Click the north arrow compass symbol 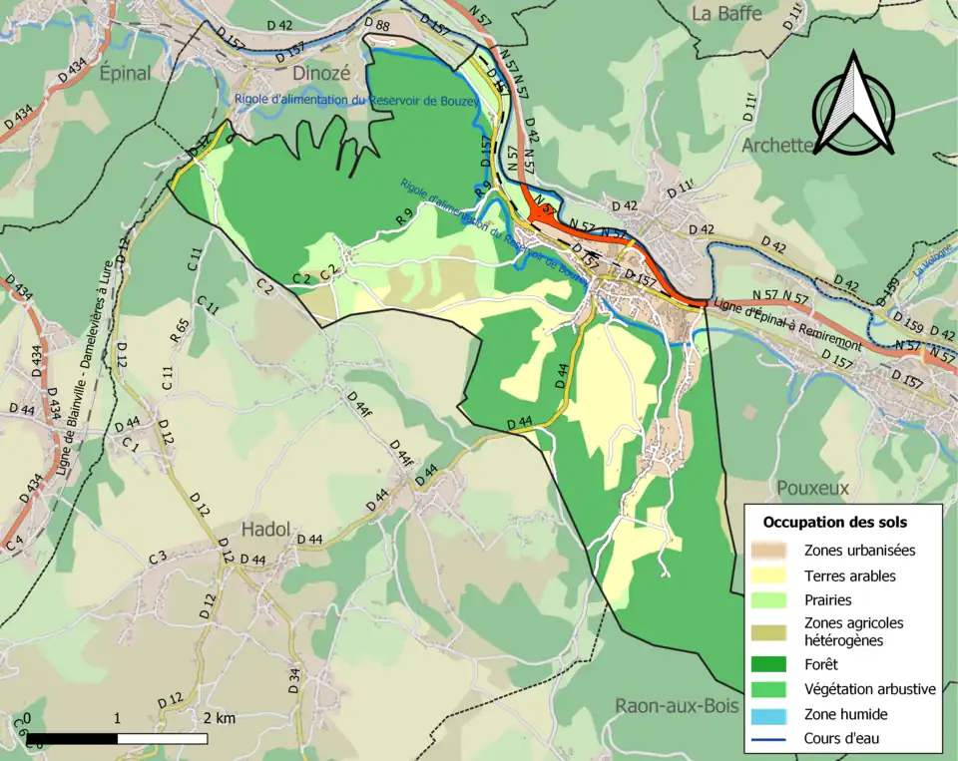(x=852, y=105)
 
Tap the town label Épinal (x=125, y=73)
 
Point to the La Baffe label (x=725, y=14)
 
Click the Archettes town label (x=779, y=146)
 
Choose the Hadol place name (x=265, y=529)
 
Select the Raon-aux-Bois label (x=677, y=706)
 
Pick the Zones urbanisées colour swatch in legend (x=771, y=550)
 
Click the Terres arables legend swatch (x=771, y=575)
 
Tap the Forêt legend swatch (x=771, y=663)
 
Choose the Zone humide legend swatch (x=771, y=714)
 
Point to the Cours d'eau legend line (x=771, y=739)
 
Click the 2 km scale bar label (x=219, y=718)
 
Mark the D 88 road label (x=377, y=24)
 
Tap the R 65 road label (x=181, y=330)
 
